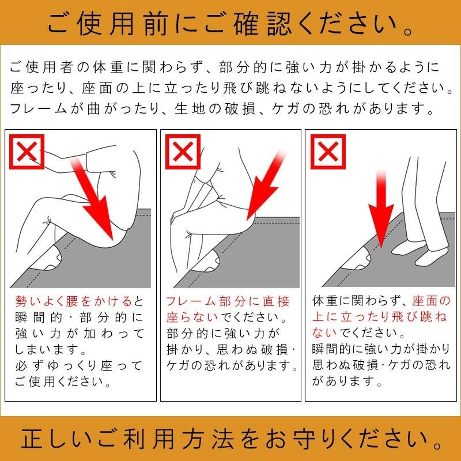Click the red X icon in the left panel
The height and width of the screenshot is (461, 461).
point(27,152)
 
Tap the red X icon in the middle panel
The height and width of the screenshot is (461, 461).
point(183,152)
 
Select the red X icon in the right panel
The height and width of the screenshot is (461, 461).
point(328,152)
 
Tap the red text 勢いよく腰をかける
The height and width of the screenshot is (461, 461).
point(74,301)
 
